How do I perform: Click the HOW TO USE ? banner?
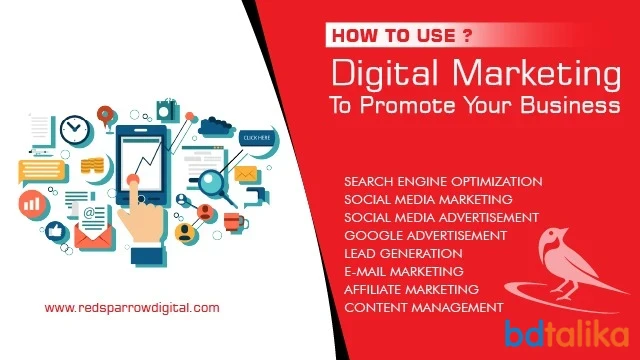click(x=402, y=36)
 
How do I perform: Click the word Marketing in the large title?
click(x=536, y=74)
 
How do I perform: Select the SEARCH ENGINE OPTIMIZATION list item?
click(x=443, y=182)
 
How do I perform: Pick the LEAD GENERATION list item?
click(x=403, y=253)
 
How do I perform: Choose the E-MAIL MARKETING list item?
click(x=404, y=271)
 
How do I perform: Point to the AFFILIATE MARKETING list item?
click(x=411, y=289)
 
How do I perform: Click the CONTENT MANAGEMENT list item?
click(x=424, y=307)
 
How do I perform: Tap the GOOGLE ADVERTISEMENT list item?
click(x=425, y=236)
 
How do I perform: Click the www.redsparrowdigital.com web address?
click(x=132, y=307)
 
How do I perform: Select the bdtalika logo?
click(x=567, y=334)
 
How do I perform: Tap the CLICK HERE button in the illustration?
click(x=257, y=138)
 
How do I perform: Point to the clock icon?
click(x=75, y=130)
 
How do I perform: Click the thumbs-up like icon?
click(x=56, y=232)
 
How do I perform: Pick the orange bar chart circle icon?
click(x=33, y=204)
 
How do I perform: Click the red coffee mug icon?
click(x=235, y=222)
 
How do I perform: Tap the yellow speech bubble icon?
click(x=42, y=172)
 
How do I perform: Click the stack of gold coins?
click(x=92, y=165)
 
